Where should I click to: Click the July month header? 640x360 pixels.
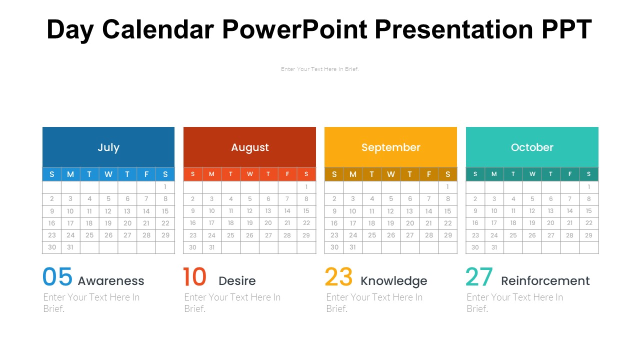click(x=108, y=147)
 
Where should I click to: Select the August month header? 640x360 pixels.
click(x=249, y=147)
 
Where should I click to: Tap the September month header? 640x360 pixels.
click(x=390, y=147)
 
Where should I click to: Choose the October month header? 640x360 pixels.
click(x=532, y=147)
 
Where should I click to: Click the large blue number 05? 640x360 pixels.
click(x=57, y=277)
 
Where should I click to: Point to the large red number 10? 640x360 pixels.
click(x=194, y=277)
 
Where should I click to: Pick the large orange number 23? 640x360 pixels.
click(x=338, y=277)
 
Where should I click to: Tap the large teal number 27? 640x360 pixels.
click(x=479, y=277)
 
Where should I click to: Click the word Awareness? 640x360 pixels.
click(x=111, y=281)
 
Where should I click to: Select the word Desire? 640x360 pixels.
click(x=237, y=281)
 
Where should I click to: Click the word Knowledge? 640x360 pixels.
click(x=393, y=281)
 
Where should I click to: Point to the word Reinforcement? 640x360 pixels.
click(x=545, y=281)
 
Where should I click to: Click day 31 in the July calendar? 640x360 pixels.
click(x=70, y=247)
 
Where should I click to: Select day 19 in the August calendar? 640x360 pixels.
click(x=249, y=223)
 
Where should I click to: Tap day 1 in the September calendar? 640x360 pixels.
click(x=447, y=186)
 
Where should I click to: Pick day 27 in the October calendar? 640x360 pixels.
click(x=550, y=235)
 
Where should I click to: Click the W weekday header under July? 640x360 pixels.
click(x=108, y=174)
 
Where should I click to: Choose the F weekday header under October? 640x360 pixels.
click(x=570, y=174)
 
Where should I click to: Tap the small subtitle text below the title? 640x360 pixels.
click(x=319, y=69)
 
